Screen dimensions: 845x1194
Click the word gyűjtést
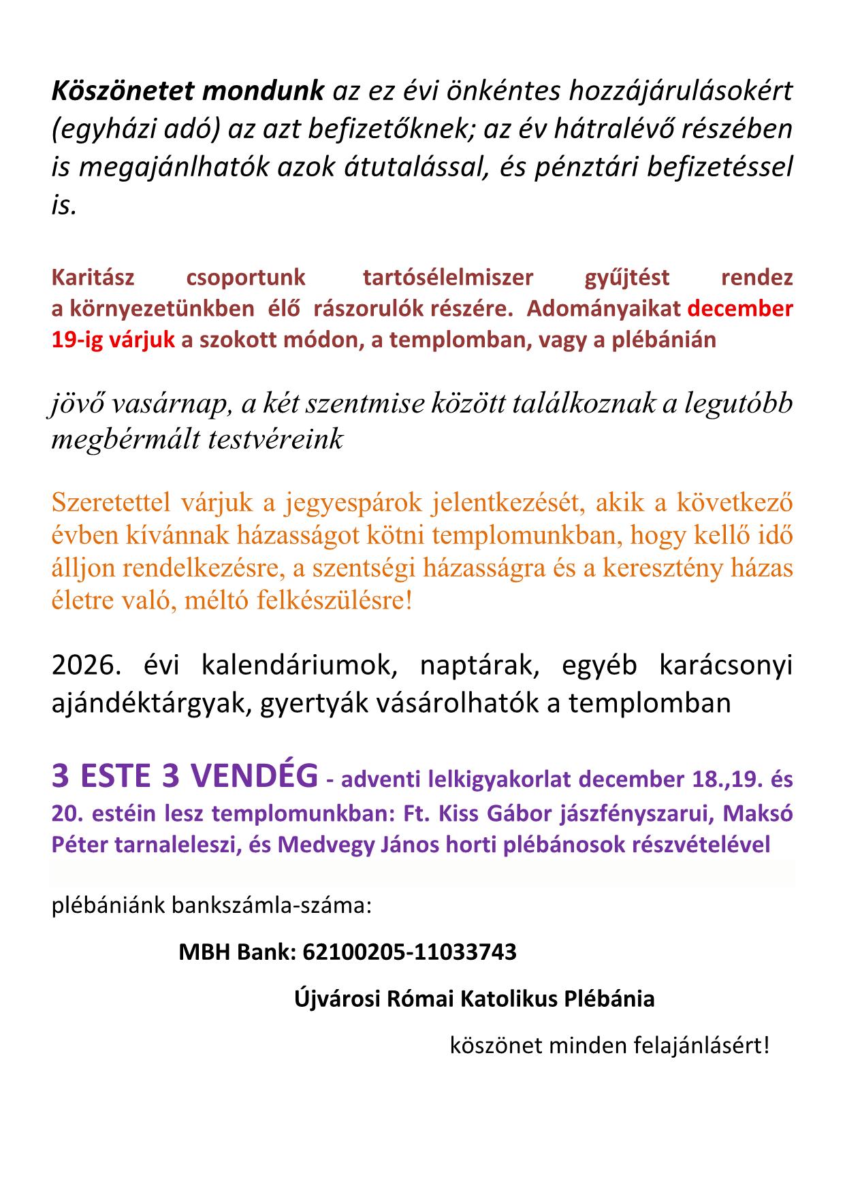point(627,278)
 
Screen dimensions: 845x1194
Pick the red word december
point(741,309)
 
